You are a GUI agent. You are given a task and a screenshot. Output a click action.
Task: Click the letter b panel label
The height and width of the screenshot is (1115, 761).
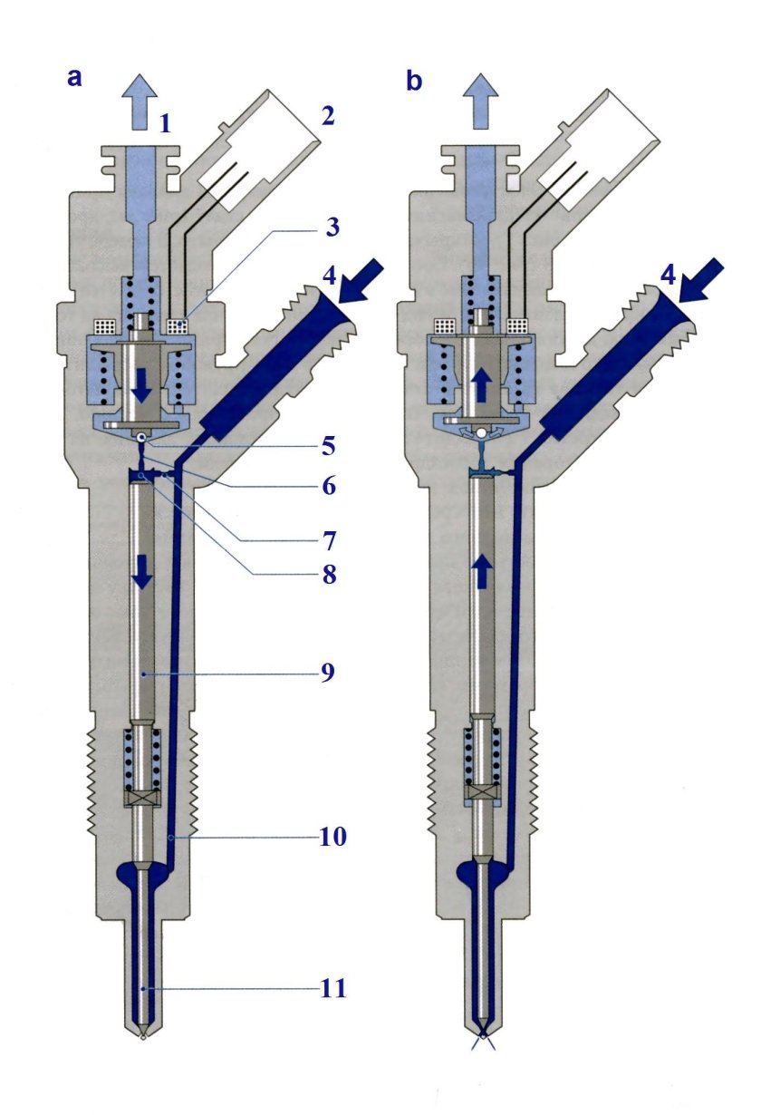click(413, 82)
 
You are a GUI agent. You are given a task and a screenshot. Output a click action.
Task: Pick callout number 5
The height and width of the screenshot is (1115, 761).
click(327, 446)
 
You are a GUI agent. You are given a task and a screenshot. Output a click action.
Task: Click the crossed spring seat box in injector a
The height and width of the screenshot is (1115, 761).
click(142, 799)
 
